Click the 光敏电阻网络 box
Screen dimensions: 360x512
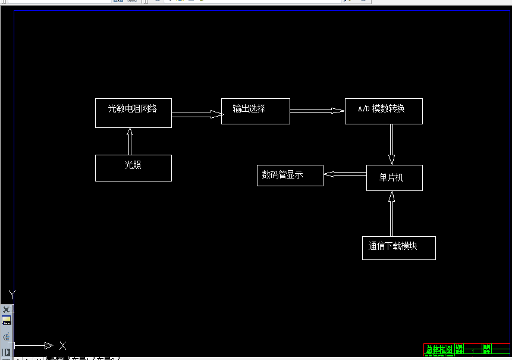tap(133, 113)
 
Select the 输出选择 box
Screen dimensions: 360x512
tap(255, 111)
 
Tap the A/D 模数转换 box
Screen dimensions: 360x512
tap(384, 111)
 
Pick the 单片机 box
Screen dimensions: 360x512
tap(394, 178)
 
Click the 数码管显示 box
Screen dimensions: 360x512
tap(290, 175)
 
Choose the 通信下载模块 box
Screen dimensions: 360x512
tap(398, 248)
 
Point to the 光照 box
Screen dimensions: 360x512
tap(133, 168)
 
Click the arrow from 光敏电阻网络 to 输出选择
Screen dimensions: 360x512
tap(197, 114)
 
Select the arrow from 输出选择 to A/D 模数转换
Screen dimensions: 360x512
tap(318, 110)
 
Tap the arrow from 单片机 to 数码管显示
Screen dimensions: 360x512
tap(345, 174)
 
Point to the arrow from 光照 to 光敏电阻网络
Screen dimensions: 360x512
tap(130, 141)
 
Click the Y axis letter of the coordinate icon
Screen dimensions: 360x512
tap(12, 294)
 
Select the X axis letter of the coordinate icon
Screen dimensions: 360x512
tap(62, 346)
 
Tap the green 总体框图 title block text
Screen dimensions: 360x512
tap(439, 349)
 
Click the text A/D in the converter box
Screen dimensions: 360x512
tap(363, 109)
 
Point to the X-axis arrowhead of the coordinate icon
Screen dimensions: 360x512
tap(49, 346)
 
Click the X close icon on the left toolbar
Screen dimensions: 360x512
tap(7, 309)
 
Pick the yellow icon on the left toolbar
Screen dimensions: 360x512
tap(7, 320)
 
